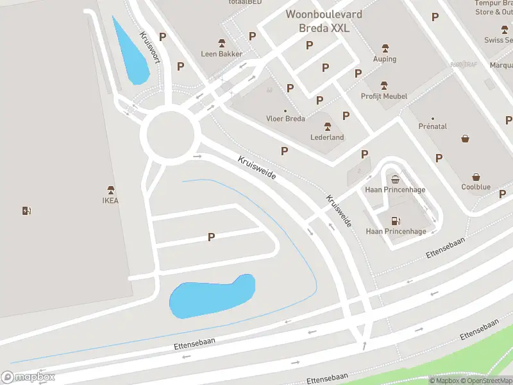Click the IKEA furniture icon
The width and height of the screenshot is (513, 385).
point(111,190)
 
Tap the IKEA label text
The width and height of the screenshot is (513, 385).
point(111,200)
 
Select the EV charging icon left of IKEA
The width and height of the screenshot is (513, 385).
point(27,210)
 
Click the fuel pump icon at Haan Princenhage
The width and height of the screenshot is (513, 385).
point(396,221)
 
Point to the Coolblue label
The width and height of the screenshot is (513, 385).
point(476,187)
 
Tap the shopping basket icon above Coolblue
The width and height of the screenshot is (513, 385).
point(476,177)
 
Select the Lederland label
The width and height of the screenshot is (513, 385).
point(328,137)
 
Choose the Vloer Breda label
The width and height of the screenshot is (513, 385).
point(285,119)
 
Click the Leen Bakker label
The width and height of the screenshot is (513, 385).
point(222,54)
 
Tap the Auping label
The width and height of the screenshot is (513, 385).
point(385,59)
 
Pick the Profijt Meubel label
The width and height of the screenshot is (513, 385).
point(384,96)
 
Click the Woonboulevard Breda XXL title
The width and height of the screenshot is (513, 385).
point(323,21)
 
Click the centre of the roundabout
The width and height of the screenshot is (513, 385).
point(170,135)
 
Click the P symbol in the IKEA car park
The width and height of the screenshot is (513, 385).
point(211,237)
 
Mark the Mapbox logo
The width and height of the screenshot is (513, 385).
point(28,377)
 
